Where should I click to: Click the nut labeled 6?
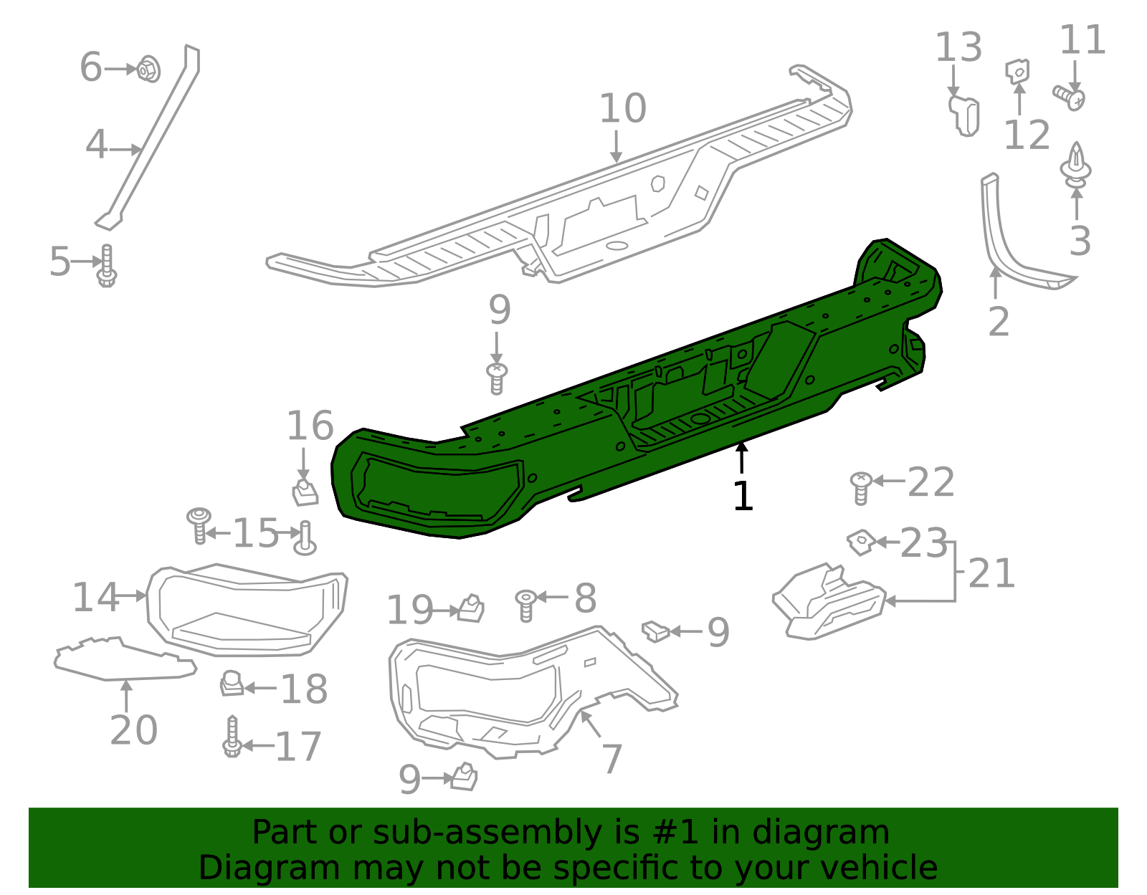(x=148, y=69)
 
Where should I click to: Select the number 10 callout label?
(x=622, y=109)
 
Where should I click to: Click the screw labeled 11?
(x=1069, y=96)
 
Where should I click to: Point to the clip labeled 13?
(x=964, y=115)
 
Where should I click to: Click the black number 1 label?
(x=743, y=496)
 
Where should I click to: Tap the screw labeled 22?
(x=860, y=487)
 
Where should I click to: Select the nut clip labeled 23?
(x=860, y=542)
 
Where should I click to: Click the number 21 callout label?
(x=991, y=573)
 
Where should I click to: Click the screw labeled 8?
(x=526, y=605)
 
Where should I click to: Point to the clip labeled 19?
(x=471, y=608)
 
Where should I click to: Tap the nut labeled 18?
(x=232, y=684)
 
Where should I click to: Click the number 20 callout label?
(x=133, y=730)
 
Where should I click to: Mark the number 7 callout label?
(x=611, y=759)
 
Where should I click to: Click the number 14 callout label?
(x=95, y=597)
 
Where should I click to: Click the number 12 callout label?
(x=1027, y=135)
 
